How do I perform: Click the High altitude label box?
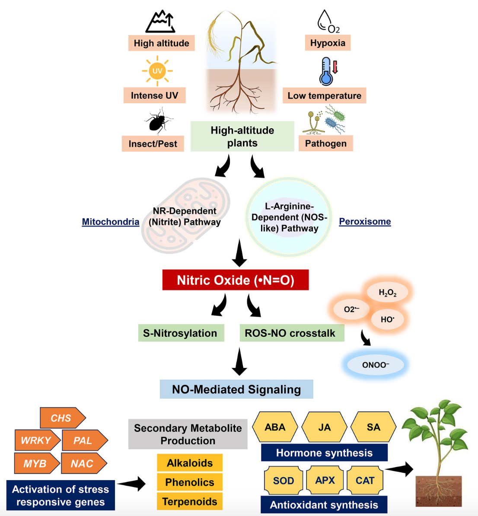point(161,43)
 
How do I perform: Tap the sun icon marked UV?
point(157,71)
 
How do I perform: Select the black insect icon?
point(158,121)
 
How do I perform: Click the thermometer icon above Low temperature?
point(327,72)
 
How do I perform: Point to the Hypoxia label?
point(328,43)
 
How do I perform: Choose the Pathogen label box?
point(325,143)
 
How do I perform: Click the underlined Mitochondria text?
point(111,222)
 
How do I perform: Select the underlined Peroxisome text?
point(365,221)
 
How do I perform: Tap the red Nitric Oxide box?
point(236,280)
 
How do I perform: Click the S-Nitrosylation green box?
point(181,333)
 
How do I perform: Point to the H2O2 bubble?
point(387,293)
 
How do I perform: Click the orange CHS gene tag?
point(62,418)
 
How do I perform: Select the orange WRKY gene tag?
point(37,440)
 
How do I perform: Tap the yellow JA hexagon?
point(324,427)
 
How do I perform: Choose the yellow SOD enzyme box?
point(284,481)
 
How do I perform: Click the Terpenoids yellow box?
point(189,501)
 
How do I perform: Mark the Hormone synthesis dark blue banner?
point(324,453)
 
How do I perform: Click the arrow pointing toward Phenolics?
point(131,484)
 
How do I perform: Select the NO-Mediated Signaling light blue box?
point(236,389)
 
